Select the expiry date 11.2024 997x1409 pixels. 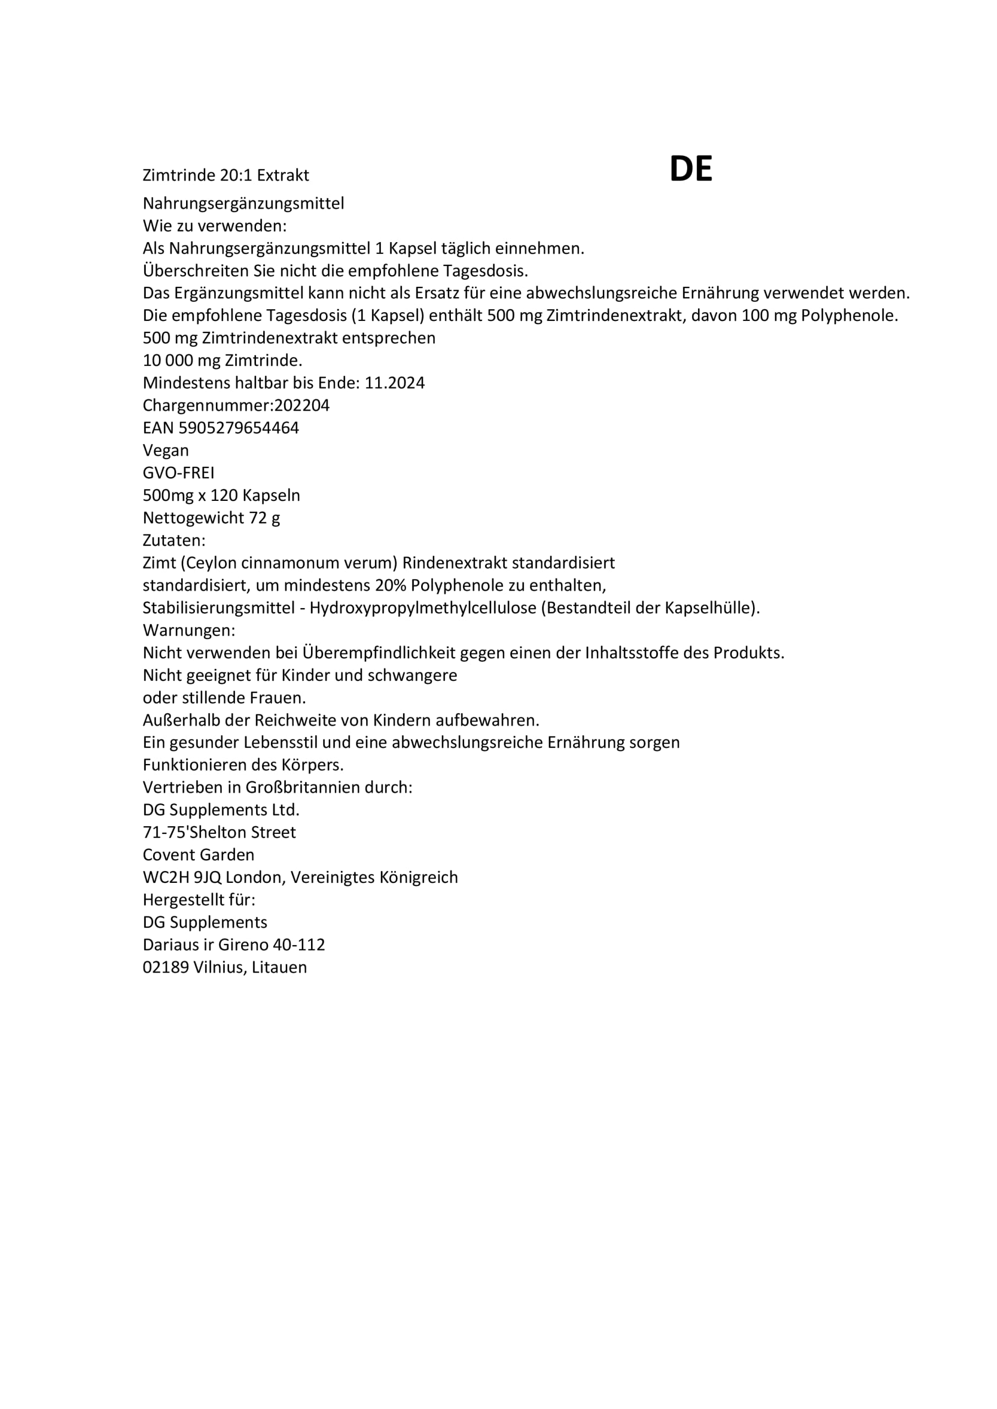tap(394, 383)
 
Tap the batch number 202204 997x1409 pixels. tap(302, 406)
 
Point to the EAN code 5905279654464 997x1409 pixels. tap(239, 428)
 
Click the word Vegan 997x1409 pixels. tap(166, 450)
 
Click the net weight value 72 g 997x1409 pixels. tap(264, 518)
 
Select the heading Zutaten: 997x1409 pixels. tap(174, 540)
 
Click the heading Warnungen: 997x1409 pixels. tap(189, 630)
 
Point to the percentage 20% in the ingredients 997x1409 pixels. tap(391, 586)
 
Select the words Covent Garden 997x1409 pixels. tap(198, 855)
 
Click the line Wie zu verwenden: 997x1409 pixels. tap(215, 226)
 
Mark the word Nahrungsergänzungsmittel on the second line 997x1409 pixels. tap(243, 203)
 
